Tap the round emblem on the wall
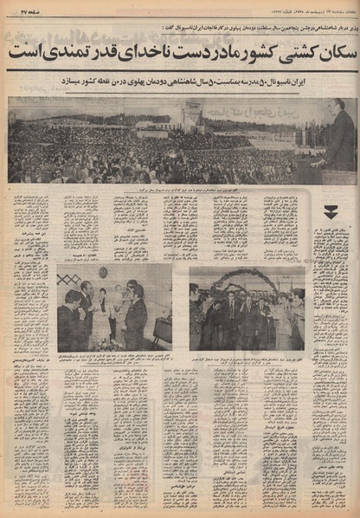click(103, 274)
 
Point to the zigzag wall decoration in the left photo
click(72, 278)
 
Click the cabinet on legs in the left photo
click(161, 329)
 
